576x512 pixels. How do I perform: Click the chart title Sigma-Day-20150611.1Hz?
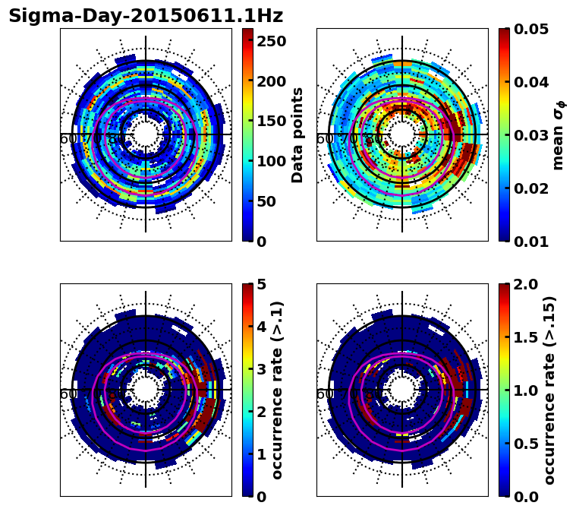tap(146, 16)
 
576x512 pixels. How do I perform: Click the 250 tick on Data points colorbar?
tap(271, 41)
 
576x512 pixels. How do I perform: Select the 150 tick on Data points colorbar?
tap(271, 121)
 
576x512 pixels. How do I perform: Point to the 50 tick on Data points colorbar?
tap(267, 201)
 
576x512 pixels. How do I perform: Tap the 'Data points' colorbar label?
tap(297, 135)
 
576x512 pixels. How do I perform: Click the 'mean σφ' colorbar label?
tap(558, 135)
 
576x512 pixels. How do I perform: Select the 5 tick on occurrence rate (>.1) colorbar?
tap(261, 284)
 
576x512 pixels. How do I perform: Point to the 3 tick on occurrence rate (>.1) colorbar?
tap(261, 369)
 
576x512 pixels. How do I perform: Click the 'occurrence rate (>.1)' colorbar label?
tap(278, 390)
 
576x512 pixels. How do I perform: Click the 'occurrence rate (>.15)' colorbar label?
tap(550, 390)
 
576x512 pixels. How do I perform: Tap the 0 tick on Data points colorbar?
tap(261, 242)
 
